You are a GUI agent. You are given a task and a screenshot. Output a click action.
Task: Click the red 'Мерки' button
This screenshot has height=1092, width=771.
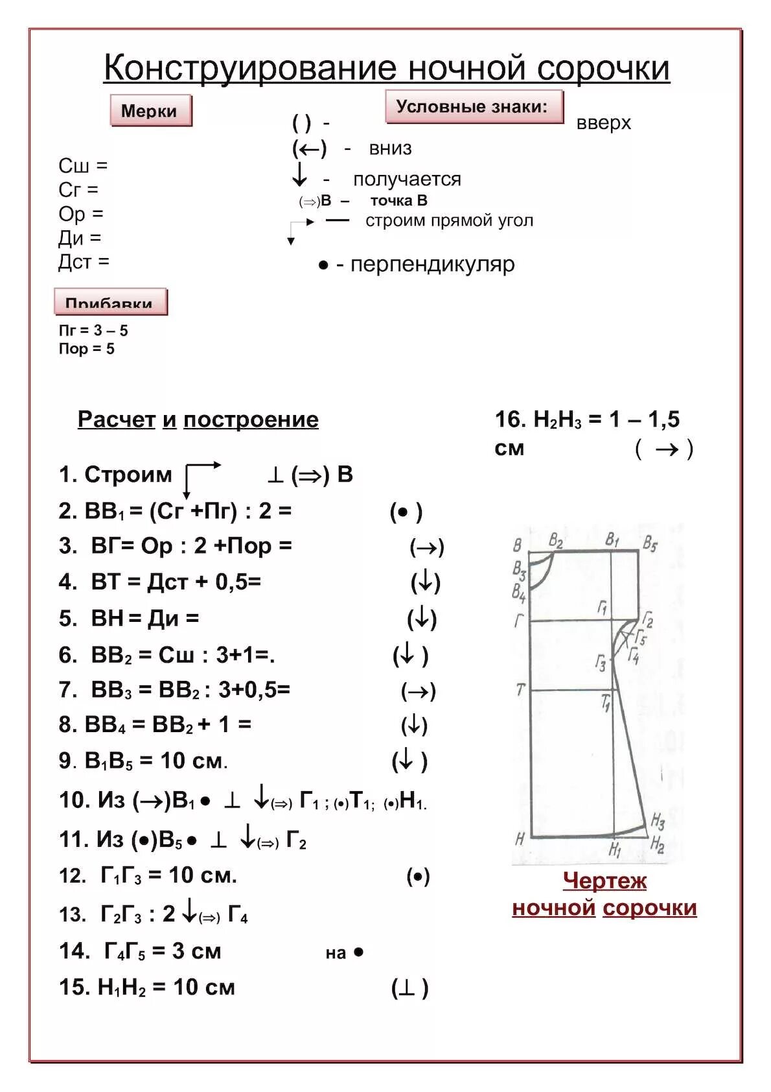point(150,111)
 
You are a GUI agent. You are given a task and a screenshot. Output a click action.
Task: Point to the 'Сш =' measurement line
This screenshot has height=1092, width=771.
point(83,166)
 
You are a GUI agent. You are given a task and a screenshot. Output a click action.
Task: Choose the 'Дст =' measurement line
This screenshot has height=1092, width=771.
point(84,262)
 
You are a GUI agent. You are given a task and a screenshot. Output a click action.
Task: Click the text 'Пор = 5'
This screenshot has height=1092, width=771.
point(86,349)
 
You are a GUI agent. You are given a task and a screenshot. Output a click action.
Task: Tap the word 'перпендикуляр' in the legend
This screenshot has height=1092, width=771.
point(432,265)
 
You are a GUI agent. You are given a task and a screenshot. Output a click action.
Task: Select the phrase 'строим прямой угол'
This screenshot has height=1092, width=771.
point(449,220)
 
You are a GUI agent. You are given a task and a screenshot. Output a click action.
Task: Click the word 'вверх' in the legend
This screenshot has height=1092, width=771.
point(603,123)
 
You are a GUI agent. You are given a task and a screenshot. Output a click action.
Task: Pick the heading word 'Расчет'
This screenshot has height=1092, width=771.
point(117,420)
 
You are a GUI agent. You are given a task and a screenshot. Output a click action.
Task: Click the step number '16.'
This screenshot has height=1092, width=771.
point(511,420)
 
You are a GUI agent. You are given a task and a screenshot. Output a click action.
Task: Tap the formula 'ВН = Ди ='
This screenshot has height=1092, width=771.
point(144,618)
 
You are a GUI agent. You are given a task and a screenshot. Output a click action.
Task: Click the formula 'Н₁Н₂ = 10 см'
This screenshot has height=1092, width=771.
point(166,987)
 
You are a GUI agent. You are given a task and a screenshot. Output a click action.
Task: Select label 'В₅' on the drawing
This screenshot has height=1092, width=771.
point(650,543)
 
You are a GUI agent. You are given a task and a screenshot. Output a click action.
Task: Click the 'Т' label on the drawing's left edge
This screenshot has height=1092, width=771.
point(520,690)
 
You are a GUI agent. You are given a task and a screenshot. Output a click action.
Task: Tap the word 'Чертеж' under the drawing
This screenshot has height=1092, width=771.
point(604,881)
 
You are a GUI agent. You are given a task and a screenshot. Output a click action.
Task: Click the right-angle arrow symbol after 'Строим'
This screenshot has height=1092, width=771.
point(201,477)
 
